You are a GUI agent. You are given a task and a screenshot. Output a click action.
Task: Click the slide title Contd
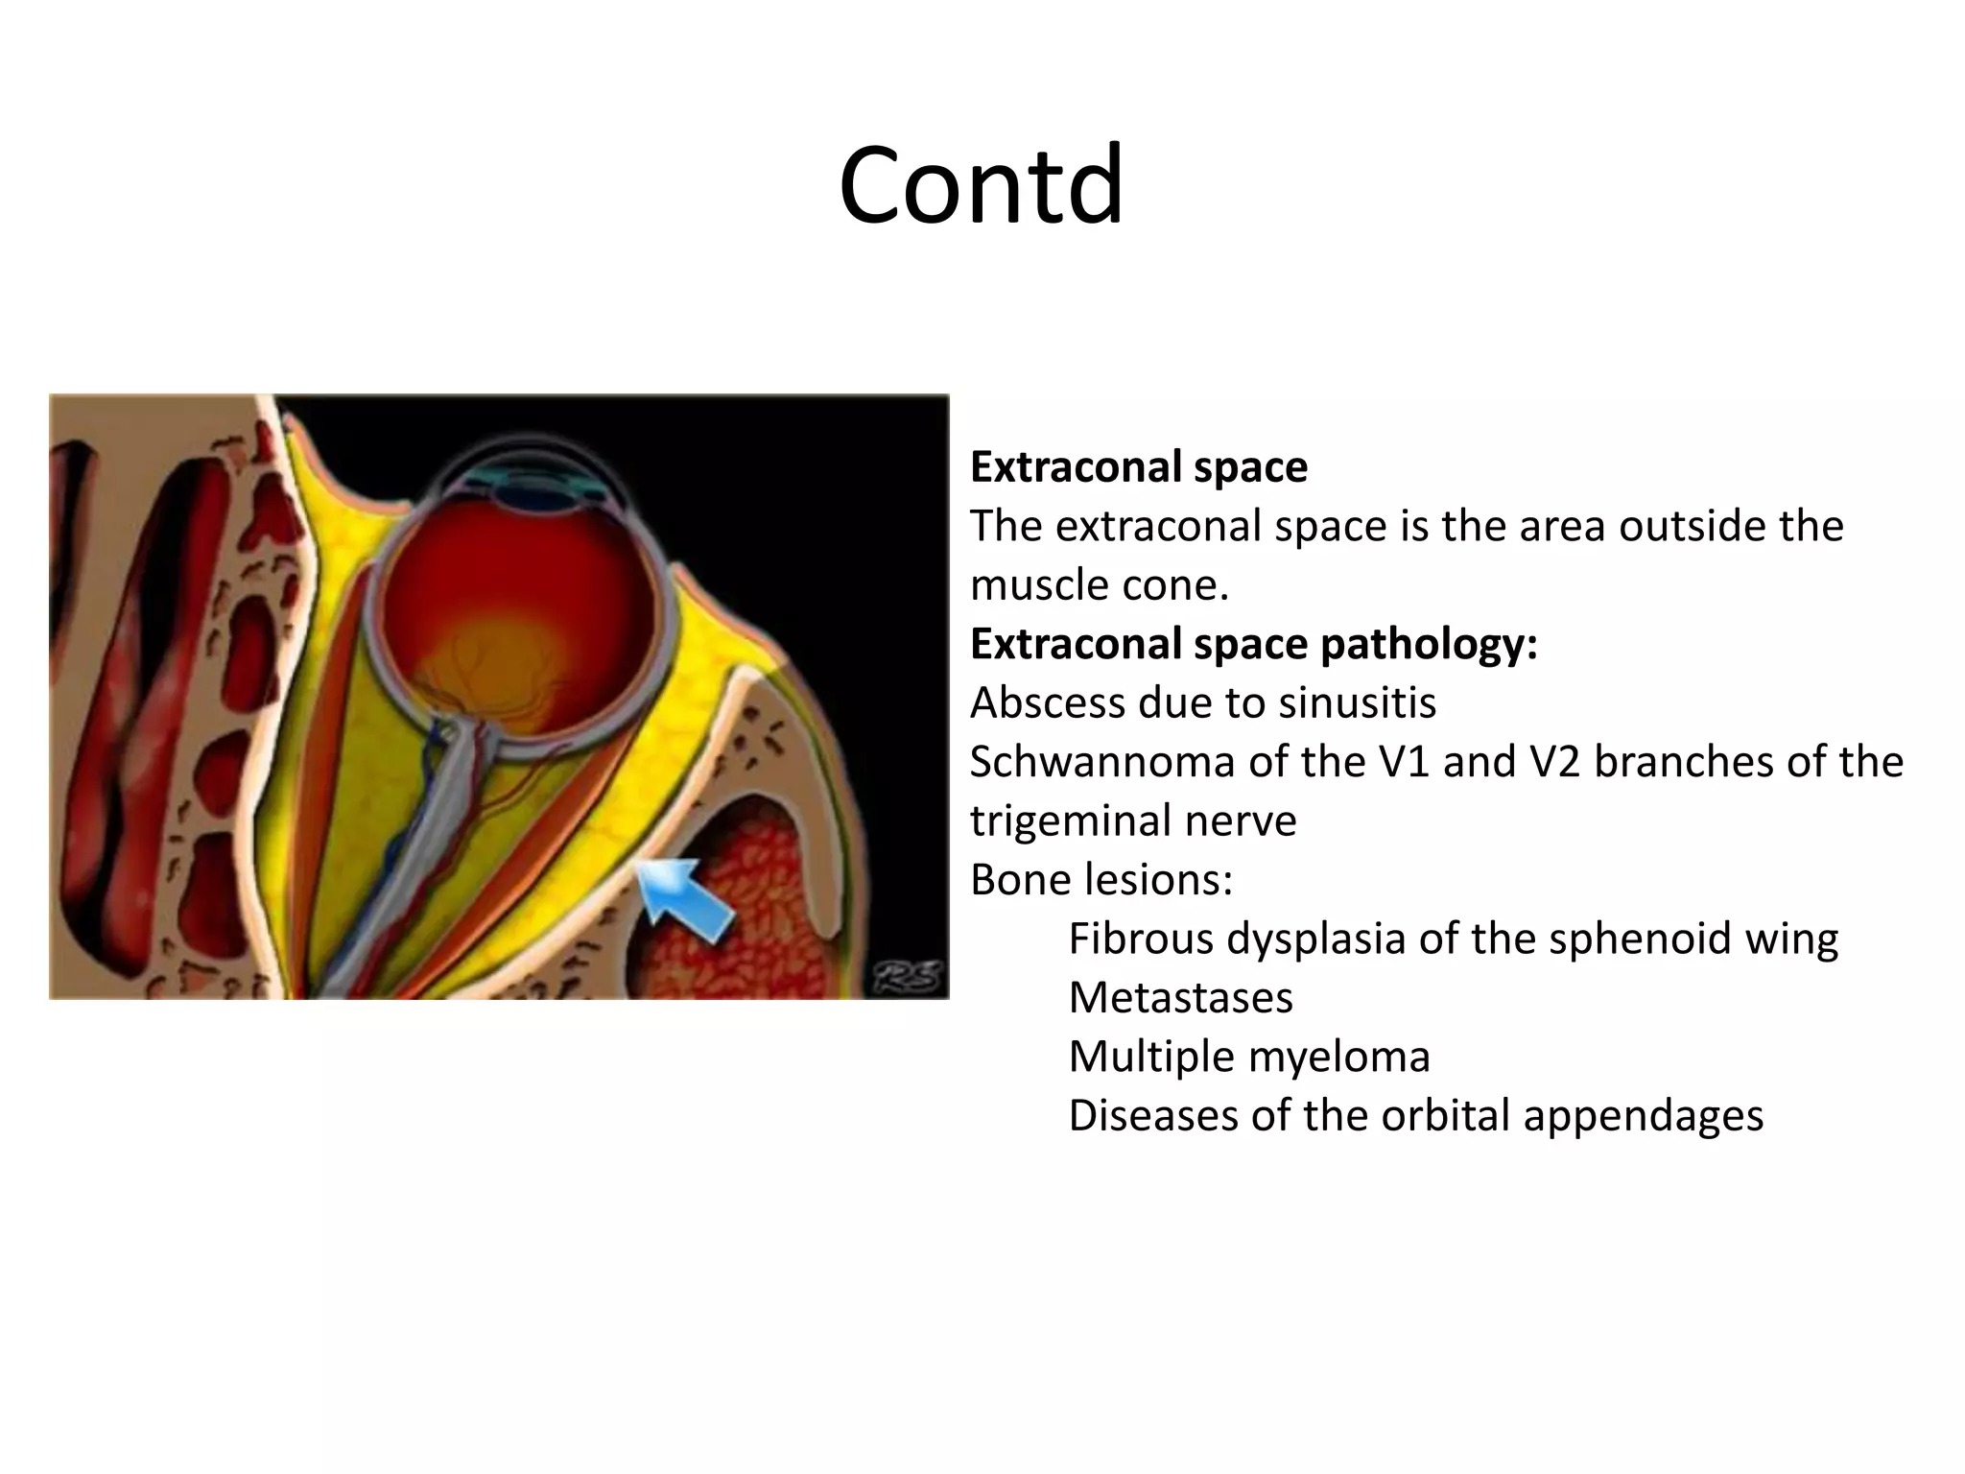click(981, 184)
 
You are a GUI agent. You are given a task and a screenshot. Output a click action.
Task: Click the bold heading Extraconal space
click(1138, 467)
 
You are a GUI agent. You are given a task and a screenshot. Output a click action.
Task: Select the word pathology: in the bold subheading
click(1429, 644)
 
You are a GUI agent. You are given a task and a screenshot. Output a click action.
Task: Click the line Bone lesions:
click(1101, 880)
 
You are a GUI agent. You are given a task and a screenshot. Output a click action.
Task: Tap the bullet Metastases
click(1180, 998)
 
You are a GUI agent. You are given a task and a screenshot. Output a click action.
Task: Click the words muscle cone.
click(1099, 585)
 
